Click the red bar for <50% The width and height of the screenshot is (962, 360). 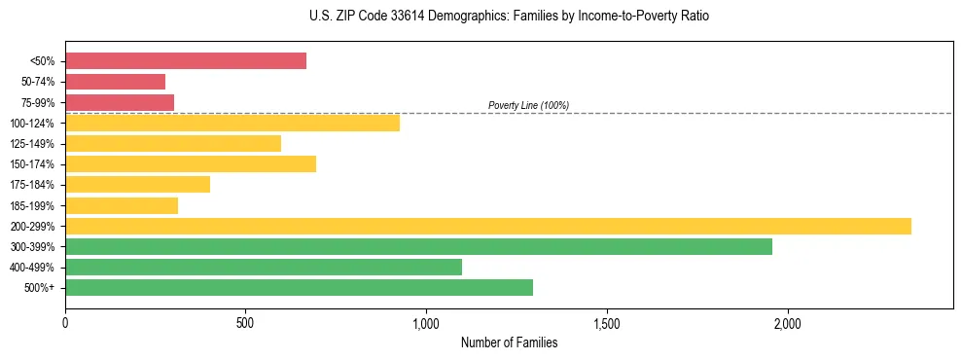click(186, 60)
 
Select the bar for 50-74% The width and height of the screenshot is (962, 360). click(115, 82)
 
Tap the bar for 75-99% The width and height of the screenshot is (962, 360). click(120, 102)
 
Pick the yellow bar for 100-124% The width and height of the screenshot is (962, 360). click(232, 123)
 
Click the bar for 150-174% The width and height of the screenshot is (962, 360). click(191, 163)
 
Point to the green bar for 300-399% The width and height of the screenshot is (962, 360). click(418, 246)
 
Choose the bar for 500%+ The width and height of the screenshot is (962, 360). click(299, 287)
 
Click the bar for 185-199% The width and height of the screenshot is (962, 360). click(122, 205)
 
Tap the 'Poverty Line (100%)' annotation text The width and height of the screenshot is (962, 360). click(528, 105)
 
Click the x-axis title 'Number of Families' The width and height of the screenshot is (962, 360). click(509, 342)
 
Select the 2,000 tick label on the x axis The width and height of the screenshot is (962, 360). click(787, 322)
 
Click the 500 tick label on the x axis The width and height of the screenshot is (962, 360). click(245, 322)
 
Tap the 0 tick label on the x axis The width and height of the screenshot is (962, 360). click(65, 322)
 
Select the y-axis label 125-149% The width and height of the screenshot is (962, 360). click(32, 144)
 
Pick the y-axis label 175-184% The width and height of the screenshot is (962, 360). click(32, 185)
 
